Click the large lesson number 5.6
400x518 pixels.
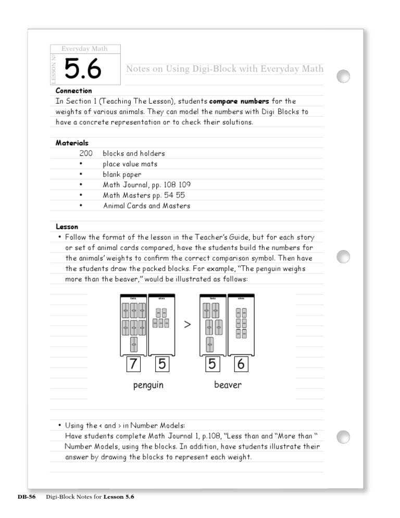click(x=83, y=69)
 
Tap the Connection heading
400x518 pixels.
click(x=73, y=91)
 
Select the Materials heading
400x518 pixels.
click(x=72, y=143)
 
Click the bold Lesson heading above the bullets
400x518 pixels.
click(x=67, y=227)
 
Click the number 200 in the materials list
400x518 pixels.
click(x=86, y=154)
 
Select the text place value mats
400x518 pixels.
click(x=130, y=164)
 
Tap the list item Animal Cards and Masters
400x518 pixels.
click(x=146, y=206)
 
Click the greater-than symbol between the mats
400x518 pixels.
click(x=187, y=325)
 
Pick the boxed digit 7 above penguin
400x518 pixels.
click(x=134, y=364)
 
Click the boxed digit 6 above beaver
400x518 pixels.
click(x=241, y=364)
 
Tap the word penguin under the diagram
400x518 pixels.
click(x=147, y=385)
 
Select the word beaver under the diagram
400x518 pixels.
click(x=228, y=385)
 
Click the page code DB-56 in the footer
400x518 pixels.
click(x=26, y=497)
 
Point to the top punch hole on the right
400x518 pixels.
click(x=343, y=76)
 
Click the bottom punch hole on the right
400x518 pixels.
click(x=343, y=437)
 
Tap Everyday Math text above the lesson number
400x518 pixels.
click(x=84, y=49)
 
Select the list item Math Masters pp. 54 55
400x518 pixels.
click(x=144, y=195)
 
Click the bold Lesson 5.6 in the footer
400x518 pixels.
click(x=119, y=497)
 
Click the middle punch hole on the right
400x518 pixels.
click(x=343, y=256)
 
